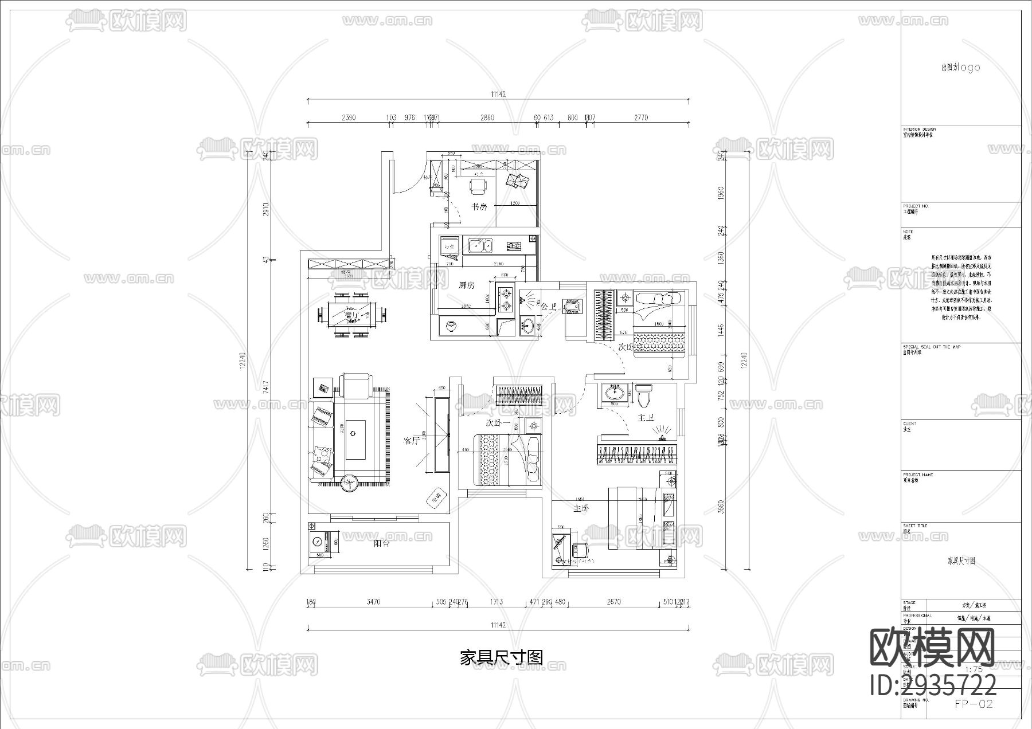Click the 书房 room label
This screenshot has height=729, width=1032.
[x=479, y=207]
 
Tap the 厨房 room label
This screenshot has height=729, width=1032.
[x=466, y=285]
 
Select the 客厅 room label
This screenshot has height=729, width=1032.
[x=412, y=441]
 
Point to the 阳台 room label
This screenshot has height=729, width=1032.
[x=382, y=543]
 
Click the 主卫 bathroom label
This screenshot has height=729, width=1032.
[x=646, y=418]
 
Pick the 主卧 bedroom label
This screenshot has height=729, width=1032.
[x=581, y=508]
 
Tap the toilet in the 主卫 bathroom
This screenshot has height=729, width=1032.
[x=644, y=395]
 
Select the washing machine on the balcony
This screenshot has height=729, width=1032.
[x=316, y=541]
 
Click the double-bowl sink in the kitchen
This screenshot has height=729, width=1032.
[x=478, y=246]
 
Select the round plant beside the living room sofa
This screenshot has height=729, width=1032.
[x=349, y=483]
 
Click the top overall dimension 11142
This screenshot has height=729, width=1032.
[x=498, y=95]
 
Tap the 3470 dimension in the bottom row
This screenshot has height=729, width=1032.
[x=373, y=602]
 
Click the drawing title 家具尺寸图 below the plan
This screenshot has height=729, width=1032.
[x=501, y=657]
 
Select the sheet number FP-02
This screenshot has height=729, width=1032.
[x=974, y=704]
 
